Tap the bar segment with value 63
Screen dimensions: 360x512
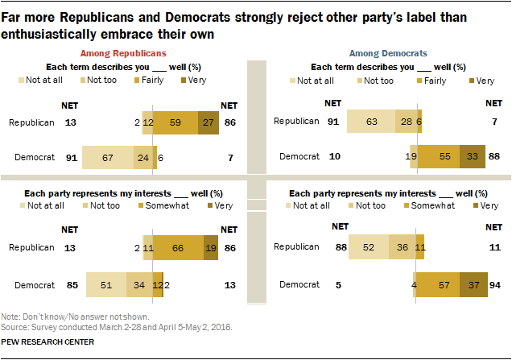tap(371, 122)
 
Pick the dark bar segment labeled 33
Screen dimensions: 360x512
tap(473, 159)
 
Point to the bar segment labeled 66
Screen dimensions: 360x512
tap(178, 249)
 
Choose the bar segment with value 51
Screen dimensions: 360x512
tap(106, 284)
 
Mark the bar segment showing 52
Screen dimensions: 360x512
tap(368, 249)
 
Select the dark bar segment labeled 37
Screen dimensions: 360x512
tap(474, 284)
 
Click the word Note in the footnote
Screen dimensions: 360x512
tap(10, 318)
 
